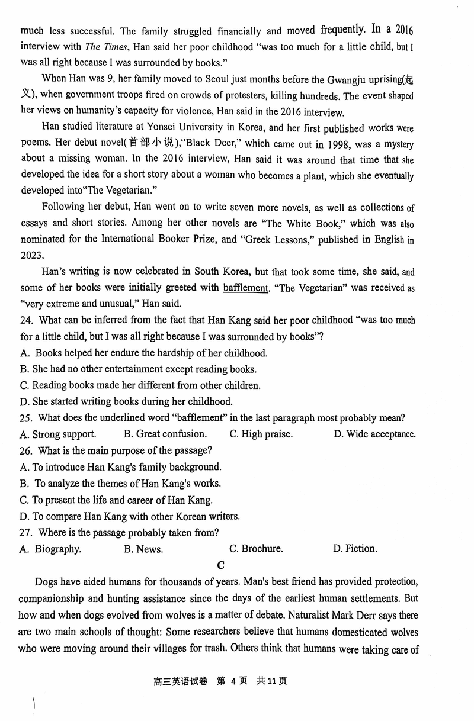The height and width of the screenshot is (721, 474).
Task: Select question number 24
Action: click(27, 320)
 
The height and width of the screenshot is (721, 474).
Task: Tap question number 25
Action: click(27, 418)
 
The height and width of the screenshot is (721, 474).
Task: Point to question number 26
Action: click(27, 450)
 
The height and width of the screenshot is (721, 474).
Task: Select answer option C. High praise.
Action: click(261, 434)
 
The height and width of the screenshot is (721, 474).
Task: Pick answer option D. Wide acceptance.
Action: click(374, 434)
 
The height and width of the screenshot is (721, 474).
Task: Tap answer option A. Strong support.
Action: click(57, 434)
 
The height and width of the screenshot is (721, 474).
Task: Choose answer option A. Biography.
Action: click(50, 549)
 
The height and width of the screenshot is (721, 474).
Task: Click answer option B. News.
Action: click(143, 549)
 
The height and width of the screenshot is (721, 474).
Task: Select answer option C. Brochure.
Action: click(256, 549)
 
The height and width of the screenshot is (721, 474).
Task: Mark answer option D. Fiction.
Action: click(355, 549)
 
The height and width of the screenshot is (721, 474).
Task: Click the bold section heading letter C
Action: click(220, 565)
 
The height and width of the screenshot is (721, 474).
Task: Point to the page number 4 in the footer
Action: click(233, 681)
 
